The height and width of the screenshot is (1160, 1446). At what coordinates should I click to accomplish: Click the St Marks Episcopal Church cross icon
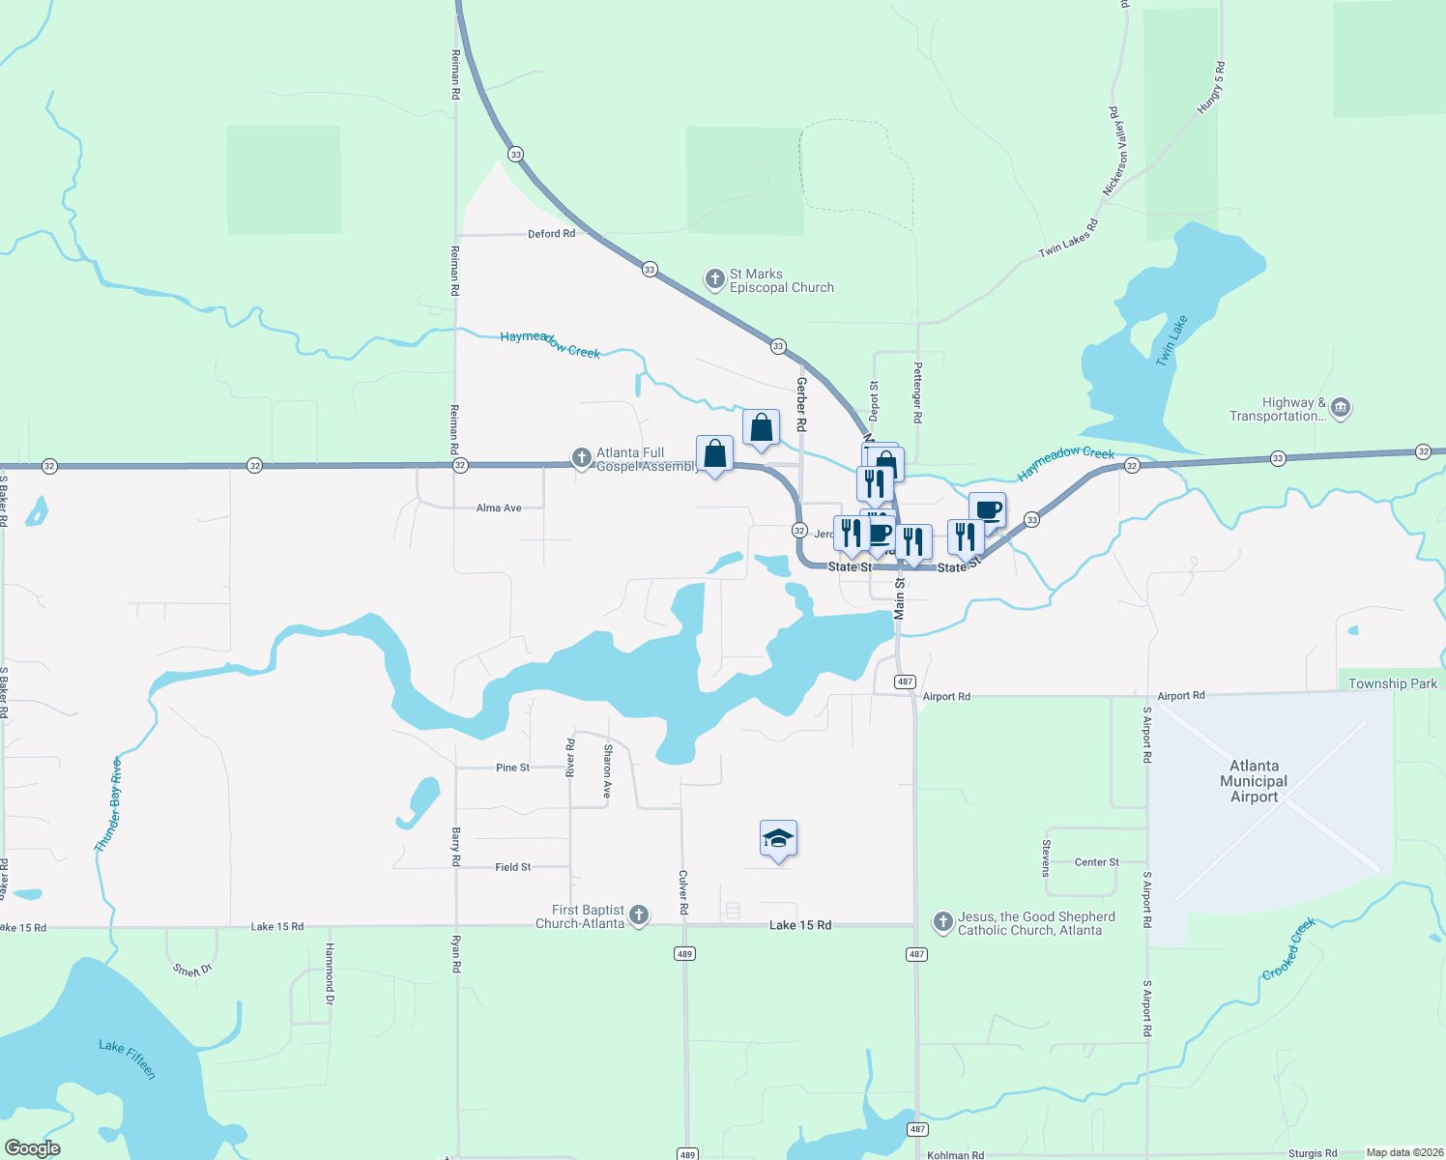(714, 280)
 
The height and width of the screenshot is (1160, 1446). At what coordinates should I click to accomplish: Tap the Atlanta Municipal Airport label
(1254, 781)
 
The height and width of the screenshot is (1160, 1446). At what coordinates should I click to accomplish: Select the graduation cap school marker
(778, 839)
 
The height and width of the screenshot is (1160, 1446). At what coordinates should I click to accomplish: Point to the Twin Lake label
(1171, 340)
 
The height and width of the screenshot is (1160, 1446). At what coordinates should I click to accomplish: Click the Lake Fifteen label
(127, 1058)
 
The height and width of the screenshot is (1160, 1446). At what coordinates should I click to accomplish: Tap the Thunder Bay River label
(108, 804)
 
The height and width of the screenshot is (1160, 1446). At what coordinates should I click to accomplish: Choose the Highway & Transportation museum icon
(1341, 408)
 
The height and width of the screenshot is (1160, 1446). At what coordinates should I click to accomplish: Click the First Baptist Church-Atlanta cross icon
(639, 915)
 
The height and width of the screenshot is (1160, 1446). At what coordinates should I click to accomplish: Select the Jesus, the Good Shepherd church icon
(943, 922)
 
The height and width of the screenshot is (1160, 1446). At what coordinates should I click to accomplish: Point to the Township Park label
(1392, 683)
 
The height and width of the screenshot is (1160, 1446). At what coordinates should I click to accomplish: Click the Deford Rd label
(551, 234)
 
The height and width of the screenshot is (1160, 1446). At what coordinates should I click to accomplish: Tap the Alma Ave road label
(499, 507)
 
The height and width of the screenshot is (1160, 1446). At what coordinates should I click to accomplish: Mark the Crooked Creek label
(1288, 949)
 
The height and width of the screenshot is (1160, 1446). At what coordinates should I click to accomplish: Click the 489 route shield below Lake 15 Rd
(684, 954)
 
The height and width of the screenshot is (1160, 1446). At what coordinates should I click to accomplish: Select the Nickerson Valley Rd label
(1115, 151)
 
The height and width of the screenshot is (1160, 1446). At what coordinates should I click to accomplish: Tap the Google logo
(32, 1148)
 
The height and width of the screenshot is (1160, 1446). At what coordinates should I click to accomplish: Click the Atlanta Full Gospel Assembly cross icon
(581, 458)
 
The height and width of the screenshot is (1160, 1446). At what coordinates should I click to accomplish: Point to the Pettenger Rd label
(918, 391)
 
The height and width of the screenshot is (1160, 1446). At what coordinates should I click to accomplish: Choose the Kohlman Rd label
(955, 1154)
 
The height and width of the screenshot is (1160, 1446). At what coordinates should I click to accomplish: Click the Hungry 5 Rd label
(1211, 88)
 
